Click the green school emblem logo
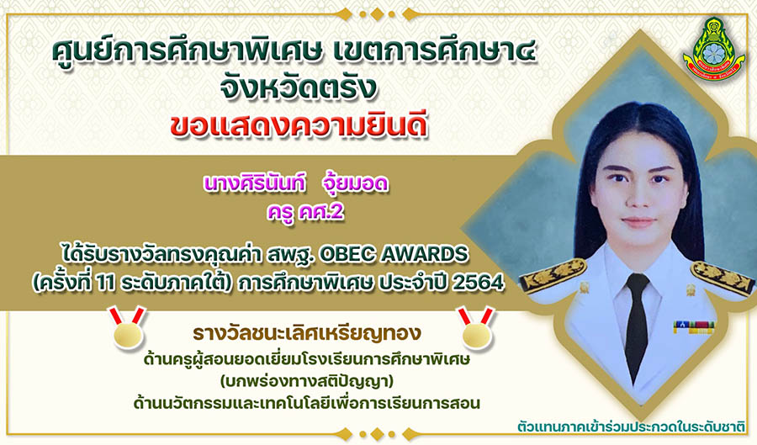712,47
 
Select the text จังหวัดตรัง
298,88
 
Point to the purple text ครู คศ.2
305,212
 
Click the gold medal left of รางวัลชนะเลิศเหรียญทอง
128,328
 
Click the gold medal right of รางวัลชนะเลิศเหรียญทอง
476,328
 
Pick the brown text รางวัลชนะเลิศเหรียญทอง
307,333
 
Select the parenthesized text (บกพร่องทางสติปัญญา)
307,381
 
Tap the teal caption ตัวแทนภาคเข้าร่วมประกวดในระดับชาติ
631,426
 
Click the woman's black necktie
637,328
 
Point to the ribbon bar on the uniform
694,328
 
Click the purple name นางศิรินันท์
254,184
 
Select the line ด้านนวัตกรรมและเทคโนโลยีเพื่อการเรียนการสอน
307,403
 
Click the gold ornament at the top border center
378,14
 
